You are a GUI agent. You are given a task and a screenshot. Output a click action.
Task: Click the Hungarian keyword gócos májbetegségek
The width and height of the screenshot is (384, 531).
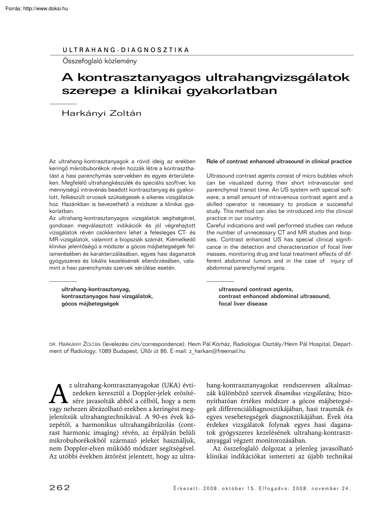(90, 303)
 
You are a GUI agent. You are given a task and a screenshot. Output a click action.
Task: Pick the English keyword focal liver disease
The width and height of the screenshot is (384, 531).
(243, 303)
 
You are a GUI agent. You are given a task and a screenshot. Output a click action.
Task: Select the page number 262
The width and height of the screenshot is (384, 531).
(59, 488)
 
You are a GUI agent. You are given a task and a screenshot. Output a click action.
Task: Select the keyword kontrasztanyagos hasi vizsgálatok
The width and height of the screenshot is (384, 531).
(107, 296)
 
